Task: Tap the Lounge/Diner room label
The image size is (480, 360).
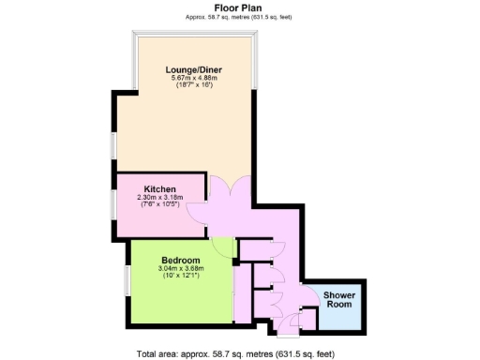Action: click(193, 69)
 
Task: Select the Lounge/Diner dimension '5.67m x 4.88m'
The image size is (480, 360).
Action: click(193, 78)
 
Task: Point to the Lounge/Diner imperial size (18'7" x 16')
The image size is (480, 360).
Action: click(193, 85)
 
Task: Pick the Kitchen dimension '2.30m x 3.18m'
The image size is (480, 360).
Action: click(160, 197)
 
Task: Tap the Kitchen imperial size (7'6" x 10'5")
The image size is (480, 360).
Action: click(160, 204)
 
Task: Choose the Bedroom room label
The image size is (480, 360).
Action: click(180, 260)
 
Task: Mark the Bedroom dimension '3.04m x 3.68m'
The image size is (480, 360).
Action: click(180, 268)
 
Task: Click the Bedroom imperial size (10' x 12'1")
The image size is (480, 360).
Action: click(180, 276)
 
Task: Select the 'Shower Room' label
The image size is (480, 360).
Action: click(338, 299)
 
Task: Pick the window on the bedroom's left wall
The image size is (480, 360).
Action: click(128, 282)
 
